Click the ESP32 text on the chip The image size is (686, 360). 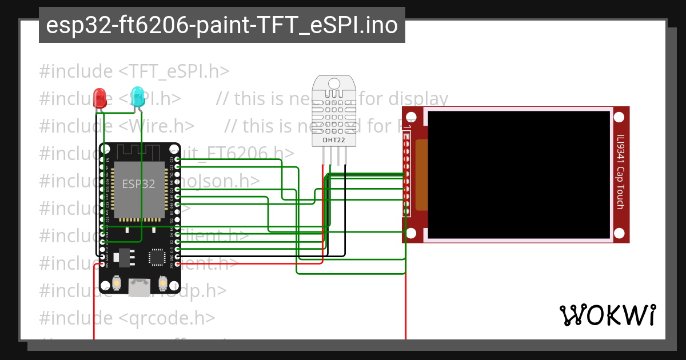point(138,184)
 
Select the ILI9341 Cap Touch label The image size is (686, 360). point(620,171)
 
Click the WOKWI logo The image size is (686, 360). point(607,315)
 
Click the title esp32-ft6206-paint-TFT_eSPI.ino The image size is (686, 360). point(222,25)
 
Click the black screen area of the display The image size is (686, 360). point(519,174)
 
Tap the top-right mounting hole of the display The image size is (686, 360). point(619,117)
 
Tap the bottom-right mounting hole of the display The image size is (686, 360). point(619,233)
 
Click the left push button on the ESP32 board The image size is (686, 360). point(117,282)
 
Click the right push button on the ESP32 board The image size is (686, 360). point(162,282)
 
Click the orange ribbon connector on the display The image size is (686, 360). point(421,174)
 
